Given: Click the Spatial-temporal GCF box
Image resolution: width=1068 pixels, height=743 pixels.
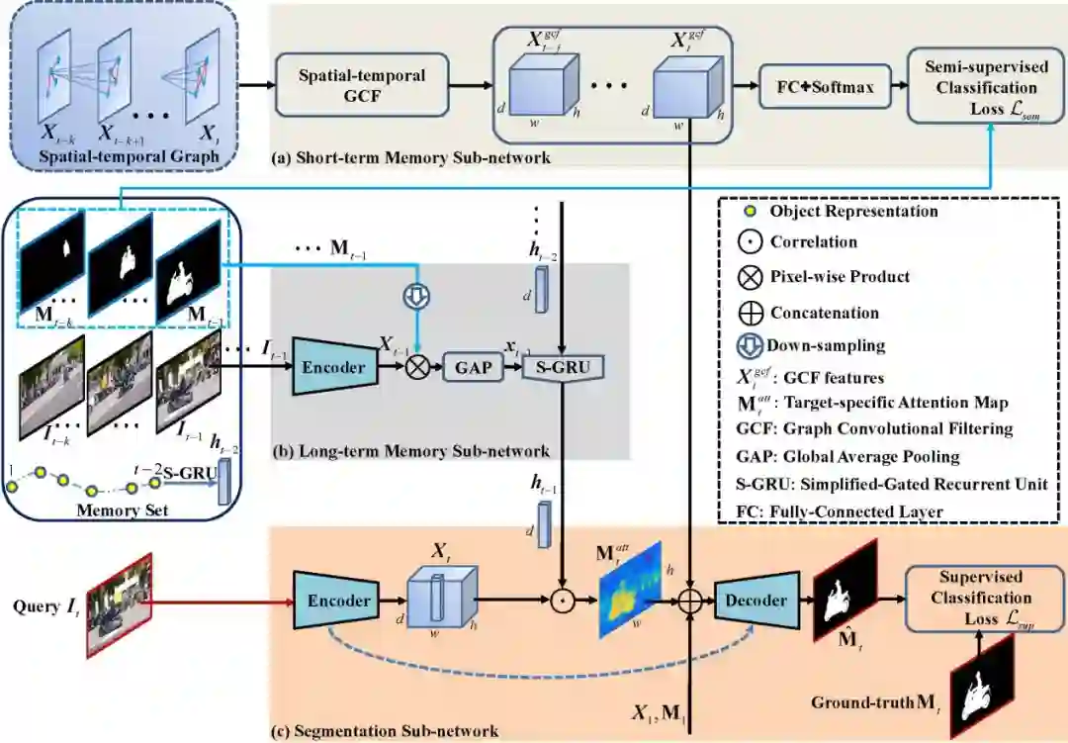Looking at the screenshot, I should tap(363, 86).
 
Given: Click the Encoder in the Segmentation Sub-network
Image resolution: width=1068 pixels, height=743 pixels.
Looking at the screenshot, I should tap(338, 600).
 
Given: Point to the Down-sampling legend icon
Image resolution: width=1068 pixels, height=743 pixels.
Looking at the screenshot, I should tap(754, 347).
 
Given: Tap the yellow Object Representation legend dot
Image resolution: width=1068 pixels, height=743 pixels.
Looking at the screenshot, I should tap(753, 211).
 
